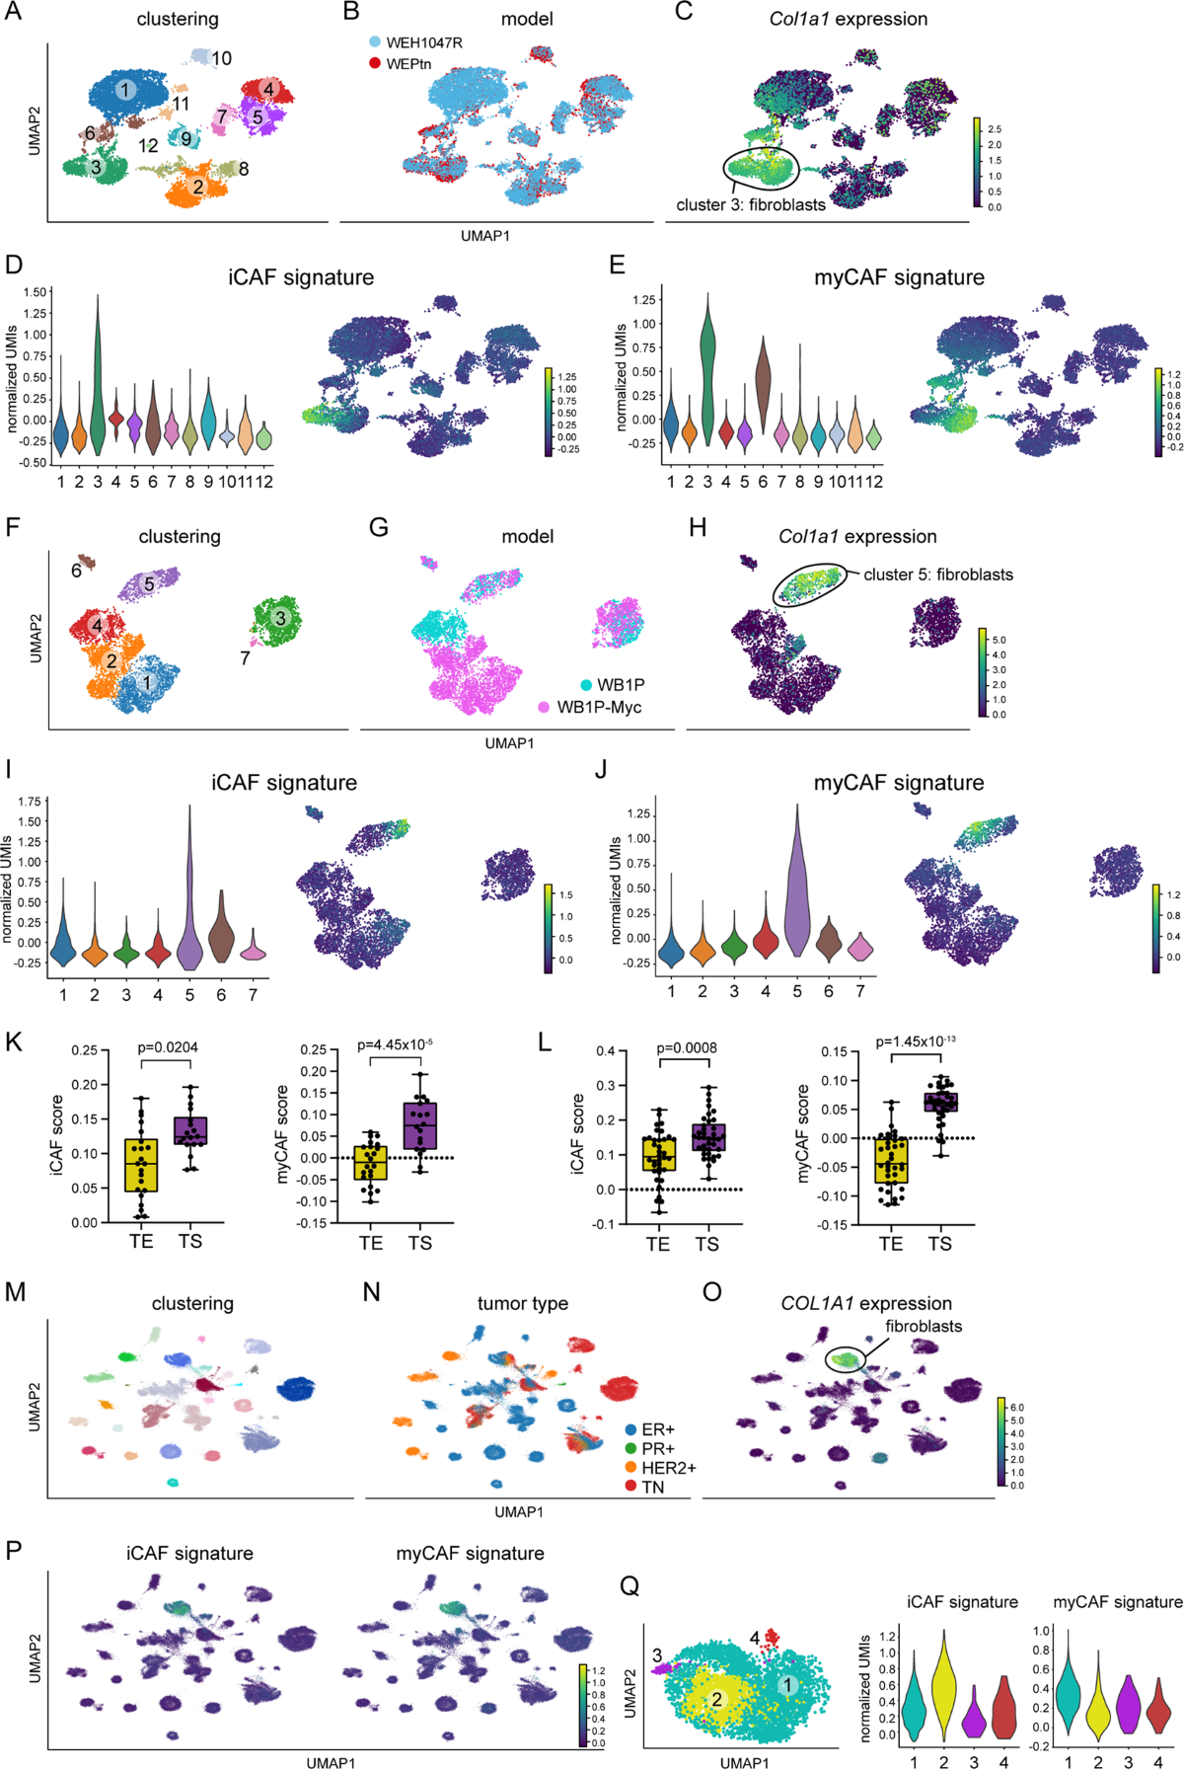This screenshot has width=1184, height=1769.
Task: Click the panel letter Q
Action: [x=629, y=1586]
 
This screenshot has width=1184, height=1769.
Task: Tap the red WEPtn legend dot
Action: [x=375, y=63]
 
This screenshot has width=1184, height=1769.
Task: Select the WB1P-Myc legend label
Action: [x=599, y=707]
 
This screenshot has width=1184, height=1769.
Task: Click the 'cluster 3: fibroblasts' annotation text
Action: [x=751, y=205]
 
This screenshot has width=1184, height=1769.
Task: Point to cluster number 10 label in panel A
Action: [x=221, y=59]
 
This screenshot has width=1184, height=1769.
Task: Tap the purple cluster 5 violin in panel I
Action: [x=188, y=918]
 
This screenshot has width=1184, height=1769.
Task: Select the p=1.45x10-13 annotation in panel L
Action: [x=915, y=1041]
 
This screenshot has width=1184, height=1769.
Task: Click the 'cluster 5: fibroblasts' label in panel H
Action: [x=937, y=575]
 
